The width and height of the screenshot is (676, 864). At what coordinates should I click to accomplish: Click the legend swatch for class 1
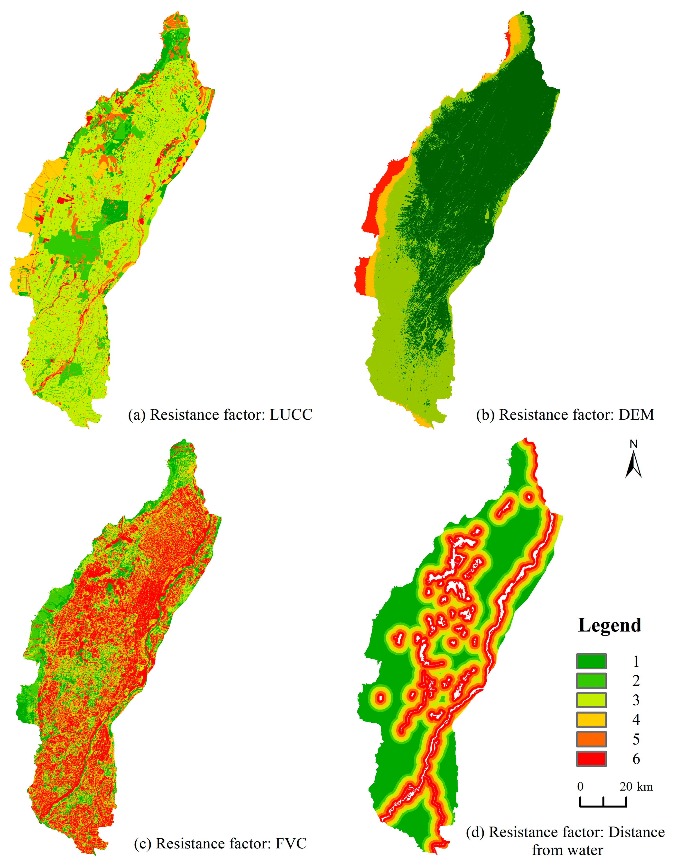click(x=591, y=662)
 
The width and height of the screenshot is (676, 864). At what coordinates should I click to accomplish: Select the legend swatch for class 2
click(x=591, y=681)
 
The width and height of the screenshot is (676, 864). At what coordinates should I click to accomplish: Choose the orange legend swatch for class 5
click(x=591, y=739)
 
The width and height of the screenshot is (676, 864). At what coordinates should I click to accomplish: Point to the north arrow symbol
click(x=633, y=465)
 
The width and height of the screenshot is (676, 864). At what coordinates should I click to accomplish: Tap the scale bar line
click(x=603, y=805)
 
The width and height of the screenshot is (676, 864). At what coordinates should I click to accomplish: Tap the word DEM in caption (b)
click(x=636, y=415)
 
